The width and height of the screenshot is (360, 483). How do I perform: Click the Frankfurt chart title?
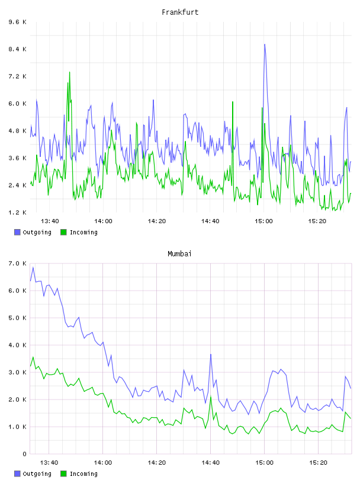pos(180,12)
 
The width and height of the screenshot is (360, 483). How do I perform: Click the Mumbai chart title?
pos(179,254)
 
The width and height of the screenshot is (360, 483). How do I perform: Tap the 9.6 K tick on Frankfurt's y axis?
pos(17,22)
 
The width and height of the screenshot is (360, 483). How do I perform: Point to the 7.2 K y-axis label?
pos(17,76)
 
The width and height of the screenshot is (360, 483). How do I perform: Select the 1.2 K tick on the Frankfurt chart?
pos(17,212)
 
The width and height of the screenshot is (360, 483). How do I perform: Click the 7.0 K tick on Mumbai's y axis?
pos(17,263)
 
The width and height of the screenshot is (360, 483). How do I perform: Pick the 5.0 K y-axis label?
pos(17,318)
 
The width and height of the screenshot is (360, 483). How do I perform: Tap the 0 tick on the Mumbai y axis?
pos(25,454)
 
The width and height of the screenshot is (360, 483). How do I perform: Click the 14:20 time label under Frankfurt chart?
pos(156,221)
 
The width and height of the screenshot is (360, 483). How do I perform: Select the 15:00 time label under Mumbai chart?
pos(264,463)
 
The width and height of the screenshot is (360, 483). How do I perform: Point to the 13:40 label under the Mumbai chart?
pos(49,463)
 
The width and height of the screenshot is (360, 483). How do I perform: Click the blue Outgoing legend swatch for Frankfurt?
pos(17,232)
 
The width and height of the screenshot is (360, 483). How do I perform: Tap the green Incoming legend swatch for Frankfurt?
pos(63,232)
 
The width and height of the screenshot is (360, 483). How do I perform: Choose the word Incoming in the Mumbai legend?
pos(83,474)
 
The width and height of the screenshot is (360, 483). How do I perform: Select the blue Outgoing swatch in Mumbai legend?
pos(17,474)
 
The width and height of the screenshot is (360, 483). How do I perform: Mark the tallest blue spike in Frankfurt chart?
pos(265,44)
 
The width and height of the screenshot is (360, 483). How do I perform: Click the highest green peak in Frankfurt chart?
pos(70,72)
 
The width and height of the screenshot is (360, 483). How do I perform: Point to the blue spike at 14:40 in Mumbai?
pos(211,355)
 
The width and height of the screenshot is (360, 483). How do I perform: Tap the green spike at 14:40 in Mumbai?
pos(211,397)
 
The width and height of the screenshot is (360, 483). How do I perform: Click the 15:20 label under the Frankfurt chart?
pos(317,221)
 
